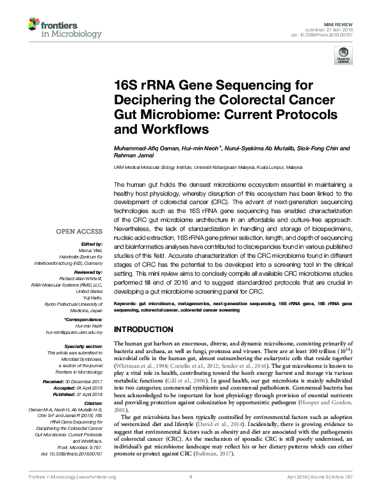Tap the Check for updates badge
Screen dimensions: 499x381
coord(341,57)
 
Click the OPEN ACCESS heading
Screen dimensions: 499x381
coord(81,232)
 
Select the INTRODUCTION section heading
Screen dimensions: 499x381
coord(143,329)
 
